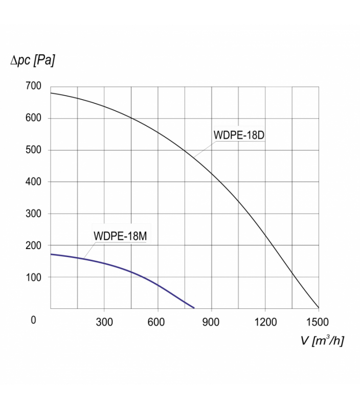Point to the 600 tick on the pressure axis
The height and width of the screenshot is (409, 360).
tap(33, 118)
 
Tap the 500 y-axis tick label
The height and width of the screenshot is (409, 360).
tap(33, 150)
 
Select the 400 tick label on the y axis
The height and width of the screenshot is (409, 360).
tap(33, 181)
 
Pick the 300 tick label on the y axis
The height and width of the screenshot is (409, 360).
tap(33, 213)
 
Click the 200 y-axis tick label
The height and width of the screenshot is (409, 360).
tap(33, 245)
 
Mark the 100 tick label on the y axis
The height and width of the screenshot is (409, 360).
tap(33, 277)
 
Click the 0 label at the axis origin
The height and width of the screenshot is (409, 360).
tap(34, 321)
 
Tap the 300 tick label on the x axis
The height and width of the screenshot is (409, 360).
tap(104, 322)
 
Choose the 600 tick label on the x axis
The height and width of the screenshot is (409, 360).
tap(157, 322)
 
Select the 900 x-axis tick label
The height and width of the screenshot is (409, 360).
tap(211, 322)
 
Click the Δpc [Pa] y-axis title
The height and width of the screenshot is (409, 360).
tap(32, 61)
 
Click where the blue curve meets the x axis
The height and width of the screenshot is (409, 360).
tap(194, 308)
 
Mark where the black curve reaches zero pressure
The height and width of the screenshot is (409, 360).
tap(319, 308)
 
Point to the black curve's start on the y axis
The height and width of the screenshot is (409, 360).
tap(51, 93)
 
